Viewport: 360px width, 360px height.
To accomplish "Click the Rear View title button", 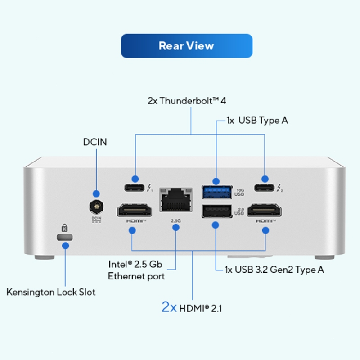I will [186, 46].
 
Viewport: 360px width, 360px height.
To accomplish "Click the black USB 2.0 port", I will [217, 211].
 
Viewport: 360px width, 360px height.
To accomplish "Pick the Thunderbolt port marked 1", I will [134, 189].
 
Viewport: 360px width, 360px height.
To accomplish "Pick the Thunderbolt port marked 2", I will [265, 189].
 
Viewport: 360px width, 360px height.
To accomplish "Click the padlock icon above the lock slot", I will [66, 228].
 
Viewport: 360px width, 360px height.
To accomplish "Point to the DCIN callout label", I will [95, 142].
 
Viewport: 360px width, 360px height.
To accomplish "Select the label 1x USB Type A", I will [257, 121].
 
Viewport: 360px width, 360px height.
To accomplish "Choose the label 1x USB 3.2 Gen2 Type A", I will [274, 270].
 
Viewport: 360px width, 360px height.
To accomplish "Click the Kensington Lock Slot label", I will [51, 292].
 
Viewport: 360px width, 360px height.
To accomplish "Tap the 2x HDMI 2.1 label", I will [191, 308].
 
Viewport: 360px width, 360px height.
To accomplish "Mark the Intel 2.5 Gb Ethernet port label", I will [136, 270].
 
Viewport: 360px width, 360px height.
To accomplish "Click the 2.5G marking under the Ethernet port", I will [175, 221].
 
